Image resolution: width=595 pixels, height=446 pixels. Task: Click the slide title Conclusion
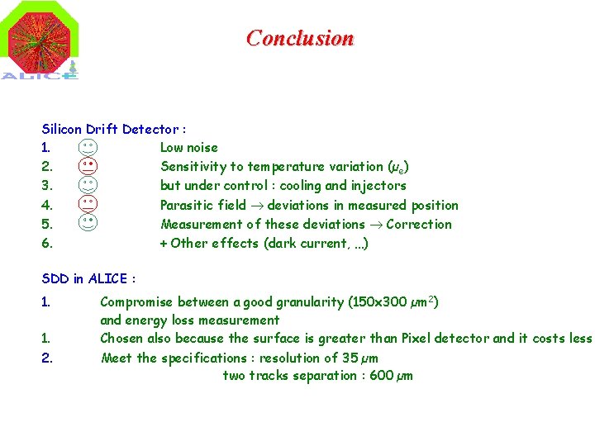click(299, 38)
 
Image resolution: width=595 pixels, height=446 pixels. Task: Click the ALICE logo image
click(41, 41)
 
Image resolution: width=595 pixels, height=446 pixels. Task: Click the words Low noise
click(188, 148)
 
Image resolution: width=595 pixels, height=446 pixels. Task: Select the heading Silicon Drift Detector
click(113, 129)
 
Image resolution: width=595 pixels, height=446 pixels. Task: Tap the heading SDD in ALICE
click(88, 279)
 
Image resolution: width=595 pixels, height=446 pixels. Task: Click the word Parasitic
click(186, 205)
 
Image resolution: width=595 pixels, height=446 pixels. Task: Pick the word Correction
click(419, 224)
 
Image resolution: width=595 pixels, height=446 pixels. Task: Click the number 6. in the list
click(47, 243)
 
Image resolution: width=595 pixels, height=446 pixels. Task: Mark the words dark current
click(300, 243)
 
